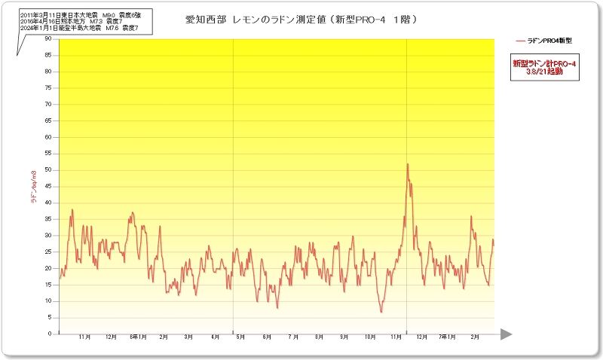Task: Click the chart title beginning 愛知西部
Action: pos(301,19)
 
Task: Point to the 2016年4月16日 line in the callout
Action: pos(72,22)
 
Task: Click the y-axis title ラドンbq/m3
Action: pos(33,188)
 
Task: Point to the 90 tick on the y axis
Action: pos(48,38)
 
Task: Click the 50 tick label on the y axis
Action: pos(48,170)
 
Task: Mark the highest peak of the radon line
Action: pos(408,164)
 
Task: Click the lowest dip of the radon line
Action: pos(381,312)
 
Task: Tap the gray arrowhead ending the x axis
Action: pos(506,334)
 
